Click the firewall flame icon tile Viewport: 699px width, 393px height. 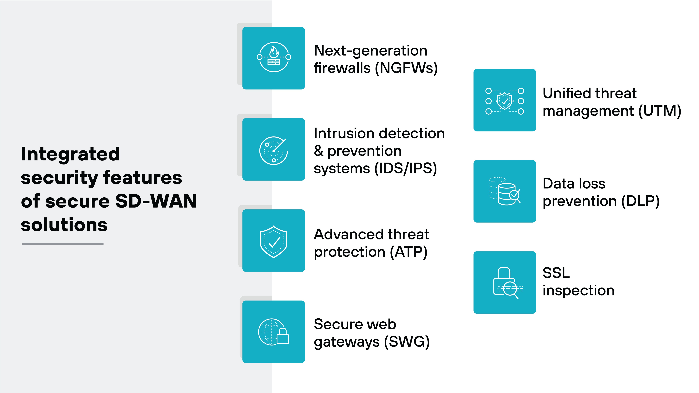[x=274, y=58]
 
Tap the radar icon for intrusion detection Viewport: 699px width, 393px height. [x=274, y=149]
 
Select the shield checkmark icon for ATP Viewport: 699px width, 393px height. [x=274, y=241]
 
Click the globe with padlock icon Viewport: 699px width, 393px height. [x=274, y=332]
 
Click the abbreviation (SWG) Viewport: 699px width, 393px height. [x=407, y=342]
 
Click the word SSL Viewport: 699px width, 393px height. [x=556, y=273]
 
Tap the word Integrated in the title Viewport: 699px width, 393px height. [x=70, y=154]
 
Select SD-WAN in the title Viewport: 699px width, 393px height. [x=156, y=201]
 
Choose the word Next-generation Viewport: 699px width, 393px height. [x=370, y=51]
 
